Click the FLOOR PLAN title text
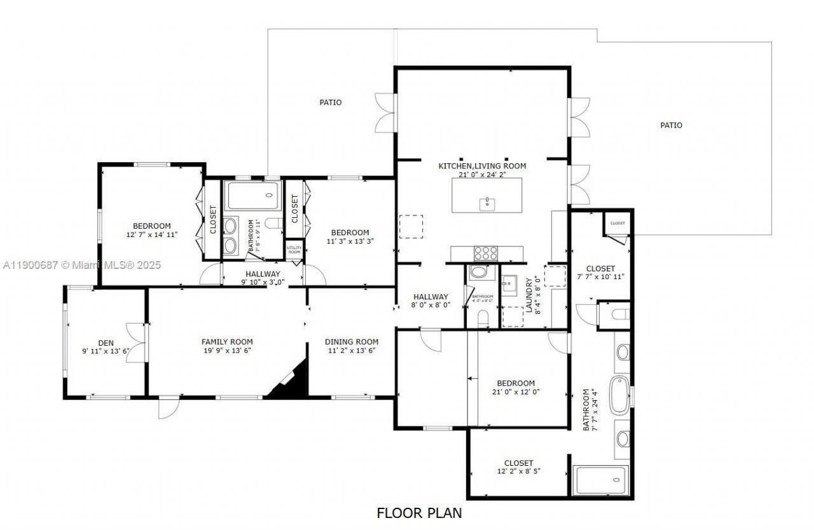(x=419, y=513)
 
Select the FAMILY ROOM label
(x=227, y=342)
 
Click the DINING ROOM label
(x=351, y=342)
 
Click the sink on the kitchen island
(x=487, y=203)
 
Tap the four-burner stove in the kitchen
(x=486, y=253)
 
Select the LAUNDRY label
(x=529, y=295)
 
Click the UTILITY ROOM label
(x=294, y=250)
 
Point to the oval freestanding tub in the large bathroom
(x=619, y=392)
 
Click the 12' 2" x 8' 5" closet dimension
(x=518, y=472)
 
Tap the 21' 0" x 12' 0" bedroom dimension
(x=516, y=392)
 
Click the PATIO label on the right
(x=671, y=125)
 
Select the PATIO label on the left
(x=330, y=102)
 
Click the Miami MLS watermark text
(x=81, y=265)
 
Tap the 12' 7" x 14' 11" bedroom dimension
(x=151, y=234)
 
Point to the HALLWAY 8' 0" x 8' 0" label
(x=431, y=301)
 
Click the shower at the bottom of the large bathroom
(x=601, y=481)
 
